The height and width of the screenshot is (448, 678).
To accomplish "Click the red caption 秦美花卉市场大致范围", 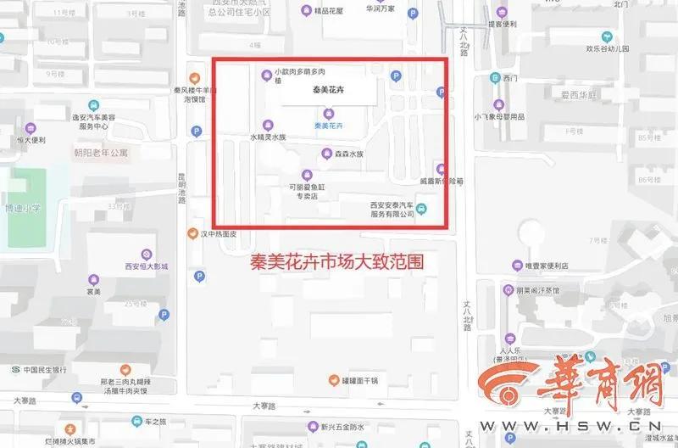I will [336, 264].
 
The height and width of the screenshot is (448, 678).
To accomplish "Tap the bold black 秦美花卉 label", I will [326, 89].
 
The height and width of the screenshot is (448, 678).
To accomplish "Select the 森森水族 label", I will [347, 154].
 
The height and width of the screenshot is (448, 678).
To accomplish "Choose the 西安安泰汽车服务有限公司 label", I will [392, 209].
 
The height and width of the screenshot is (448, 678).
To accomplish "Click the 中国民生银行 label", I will [45, 369].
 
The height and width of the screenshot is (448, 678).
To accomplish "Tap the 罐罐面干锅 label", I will [365, 379].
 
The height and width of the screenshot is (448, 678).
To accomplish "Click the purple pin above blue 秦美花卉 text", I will [330, 114].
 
